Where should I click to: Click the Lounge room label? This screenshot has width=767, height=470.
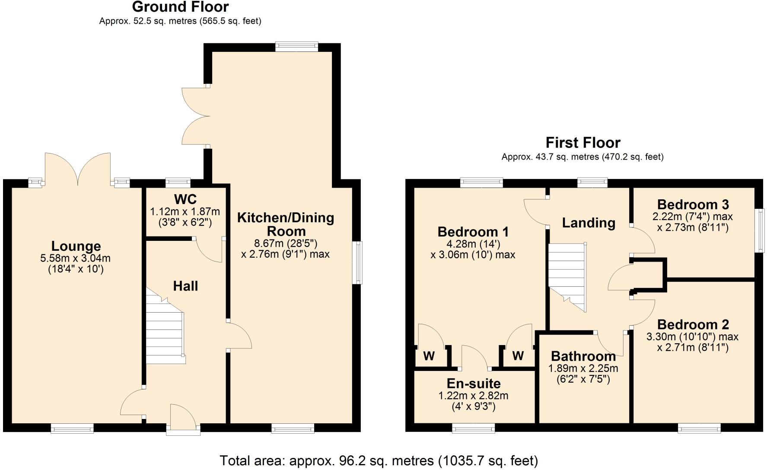tap(76, 246)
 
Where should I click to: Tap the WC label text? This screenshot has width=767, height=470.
tap(185, 199)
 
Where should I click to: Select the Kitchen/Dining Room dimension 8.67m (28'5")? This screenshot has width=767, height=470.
tap(285, 243)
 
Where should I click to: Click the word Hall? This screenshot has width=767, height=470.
tap(185, 286)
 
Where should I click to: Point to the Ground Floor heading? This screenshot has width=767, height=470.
tap(180, 7)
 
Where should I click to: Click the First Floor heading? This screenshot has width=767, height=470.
tap(582, 143)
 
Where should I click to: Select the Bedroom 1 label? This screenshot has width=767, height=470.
tap(473, 232)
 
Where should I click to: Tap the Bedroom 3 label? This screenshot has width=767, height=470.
tap(693, 204)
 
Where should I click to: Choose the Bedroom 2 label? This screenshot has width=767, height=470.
tap(693, 324)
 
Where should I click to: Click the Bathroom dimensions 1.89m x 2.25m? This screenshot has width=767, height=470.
tap(583, 369)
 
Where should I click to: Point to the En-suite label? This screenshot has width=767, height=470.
tap(473, 384)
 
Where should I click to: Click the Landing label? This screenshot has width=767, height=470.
tap(588, 223)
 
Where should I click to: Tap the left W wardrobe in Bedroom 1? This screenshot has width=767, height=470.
tap(428, 356)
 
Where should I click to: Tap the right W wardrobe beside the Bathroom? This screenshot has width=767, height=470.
tap(518, 356)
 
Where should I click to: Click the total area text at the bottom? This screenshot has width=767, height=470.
tap(379, 460)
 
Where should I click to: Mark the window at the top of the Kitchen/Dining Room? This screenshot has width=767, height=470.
tap(296, 47)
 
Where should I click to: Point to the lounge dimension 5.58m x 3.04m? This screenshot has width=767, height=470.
tap(75, 259)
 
